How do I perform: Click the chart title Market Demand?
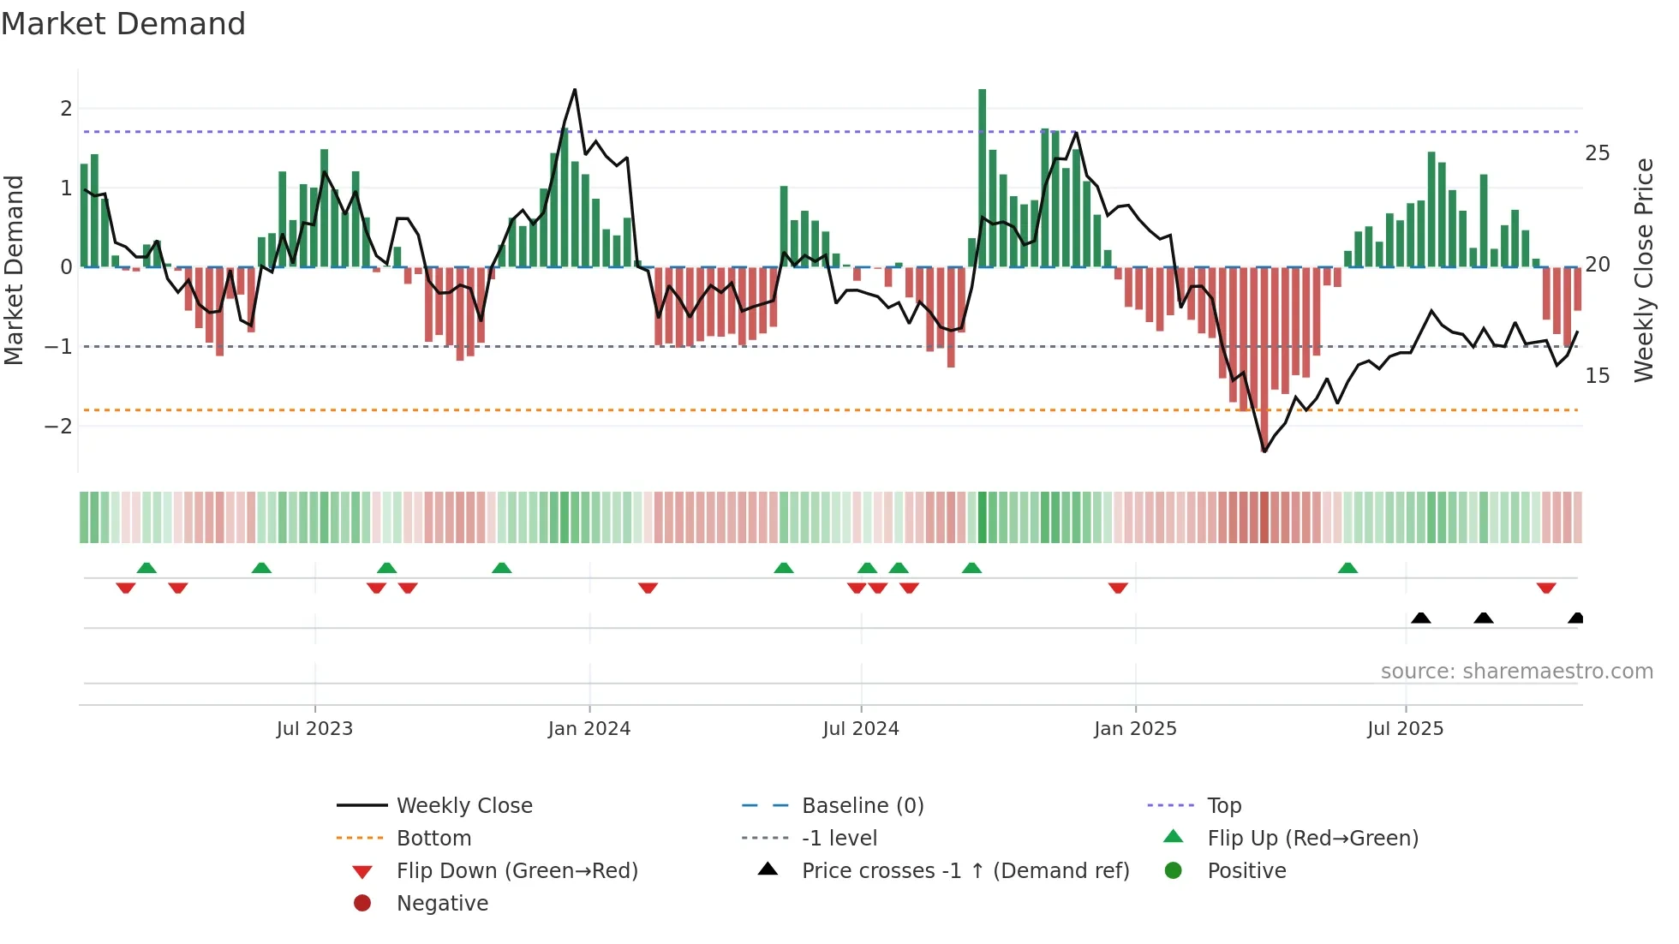point(123,24)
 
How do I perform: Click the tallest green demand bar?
point(982,177)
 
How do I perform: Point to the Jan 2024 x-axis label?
point(589,729)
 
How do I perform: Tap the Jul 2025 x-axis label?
point(1405,729)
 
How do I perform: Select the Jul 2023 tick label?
point(314,729)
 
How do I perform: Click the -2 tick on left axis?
point(58,427)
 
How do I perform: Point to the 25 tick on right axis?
point(1597,153)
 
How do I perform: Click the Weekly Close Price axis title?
point(1643,270)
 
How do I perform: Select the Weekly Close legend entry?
point(463,806)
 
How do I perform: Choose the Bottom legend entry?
point(433,839)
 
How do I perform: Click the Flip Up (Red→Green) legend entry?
point(1312,839)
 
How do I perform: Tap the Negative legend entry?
point(442,904)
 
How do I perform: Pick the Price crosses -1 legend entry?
point(965,871)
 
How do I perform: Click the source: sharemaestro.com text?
point(1516,672)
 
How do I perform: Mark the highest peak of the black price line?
point(575,89)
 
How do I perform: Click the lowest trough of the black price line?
point(1264,451)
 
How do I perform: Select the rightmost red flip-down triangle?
point(1545,588)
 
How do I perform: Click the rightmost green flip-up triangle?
point(1347,568)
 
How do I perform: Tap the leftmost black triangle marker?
point(1420,618)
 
